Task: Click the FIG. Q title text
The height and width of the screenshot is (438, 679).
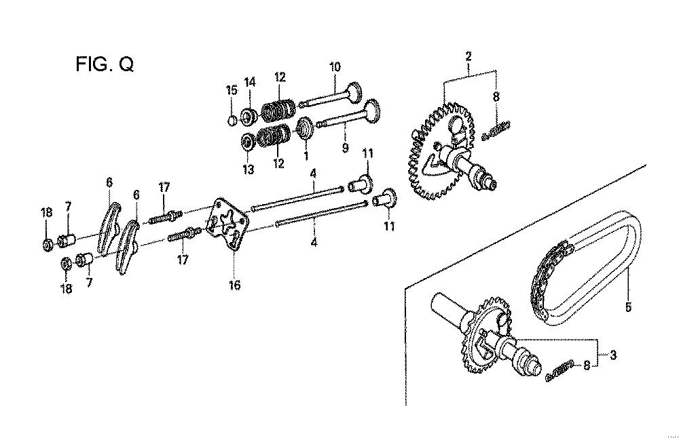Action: [x=105, y=64]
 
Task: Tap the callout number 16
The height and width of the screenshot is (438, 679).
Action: [x=234, y=285]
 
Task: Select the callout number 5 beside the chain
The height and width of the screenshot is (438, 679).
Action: [x=628, y=307]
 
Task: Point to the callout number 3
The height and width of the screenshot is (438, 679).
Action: [x=613, y=355]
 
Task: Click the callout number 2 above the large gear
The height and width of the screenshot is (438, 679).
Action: [x=469, y=56]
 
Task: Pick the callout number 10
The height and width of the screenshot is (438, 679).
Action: [x=335, y=67]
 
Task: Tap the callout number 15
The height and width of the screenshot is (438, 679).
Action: [x=232, y=90]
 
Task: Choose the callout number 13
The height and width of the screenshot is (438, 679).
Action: [x=248, y=169]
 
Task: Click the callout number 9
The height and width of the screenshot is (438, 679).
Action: [x=345, y=148]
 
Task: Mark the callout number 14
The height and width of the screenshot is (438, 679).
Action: [x=250, y=82]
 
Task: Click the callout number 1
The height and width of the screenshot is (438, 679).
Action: [x=306, y=156]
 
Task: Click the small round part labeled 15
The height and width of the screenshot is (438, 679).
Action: [x=232, y=120]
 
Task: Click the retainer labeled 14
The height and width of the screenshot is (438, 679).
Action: [x=249, y=116]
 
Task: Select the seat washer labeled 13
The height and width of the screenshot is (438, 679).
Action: [x=248, y=142]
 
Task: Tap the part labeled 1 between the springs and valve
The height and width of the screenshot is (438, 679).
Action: [x=306, y=128]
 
